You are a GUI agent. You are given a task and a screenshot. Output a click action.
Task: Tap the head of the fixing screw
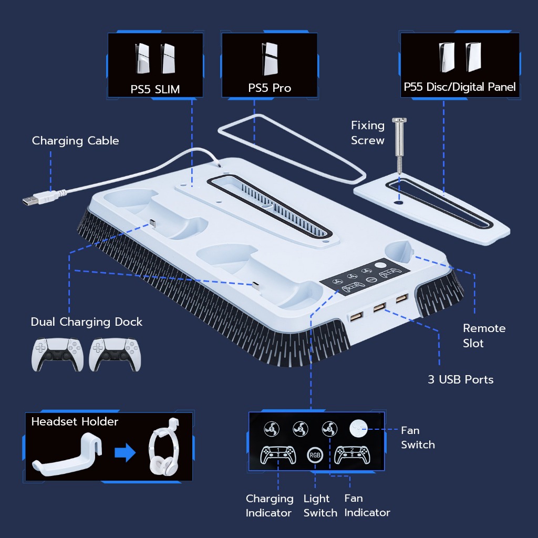click(x=399, y=120)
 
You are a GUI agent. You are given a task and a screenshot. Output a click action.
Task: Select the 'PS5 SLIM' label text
click(x=155, y=89)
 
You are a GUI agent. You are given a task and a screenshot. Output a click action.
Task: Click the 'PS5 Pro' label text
click(x=270, y=88)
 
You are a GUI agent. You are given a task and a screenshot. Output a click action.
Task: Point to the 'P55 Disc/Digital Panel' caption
click(x=460, y=87)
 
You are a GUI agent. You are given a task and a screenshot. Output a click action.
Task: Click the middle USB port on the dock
click(x=379, y=307)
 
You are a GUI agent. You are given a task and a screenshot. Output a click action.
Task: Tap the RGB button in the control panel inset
click(x=315, y=456)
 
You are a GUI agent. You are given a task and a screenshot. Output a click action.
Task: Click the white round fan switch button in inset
click(x=358, y=429)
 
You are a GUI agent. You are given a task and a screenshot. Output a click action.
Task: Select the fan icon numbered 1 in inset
click(x=272, y=429)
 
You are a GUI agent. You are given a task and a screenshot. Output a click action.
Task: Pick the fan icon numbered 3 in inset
click(x=330, y=429)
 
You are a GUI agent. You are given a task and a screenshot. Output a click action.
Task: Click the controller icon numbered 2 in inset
click(x=353, y=455)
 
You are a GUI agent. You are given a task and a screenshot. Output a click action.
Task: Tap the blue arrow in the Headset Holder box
click(x=125, y=452)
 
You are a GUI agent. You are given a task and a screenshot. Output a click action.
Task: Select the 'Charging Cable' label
click(x=76, y=141)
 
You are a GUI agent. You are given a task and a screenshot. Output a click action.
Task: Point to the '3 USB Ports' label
click(x=460, y=379)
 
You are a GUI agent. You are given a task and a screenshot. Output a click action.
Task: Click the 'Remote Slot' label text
click(x=484, y=336)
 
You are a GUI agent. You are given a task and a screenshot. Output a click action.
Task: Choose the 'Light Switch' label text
click(x=320, y=505)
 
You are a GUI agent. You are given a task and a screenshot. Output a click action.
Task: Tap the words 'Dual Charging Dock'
click(x=87, y=322)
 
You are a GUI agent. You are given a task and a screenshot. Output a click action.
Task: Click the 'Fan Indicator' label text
click(x=367, y=505)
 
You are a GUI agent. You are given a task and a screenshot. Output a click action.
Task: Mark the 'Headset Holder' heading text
click(x=75, y=421)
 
